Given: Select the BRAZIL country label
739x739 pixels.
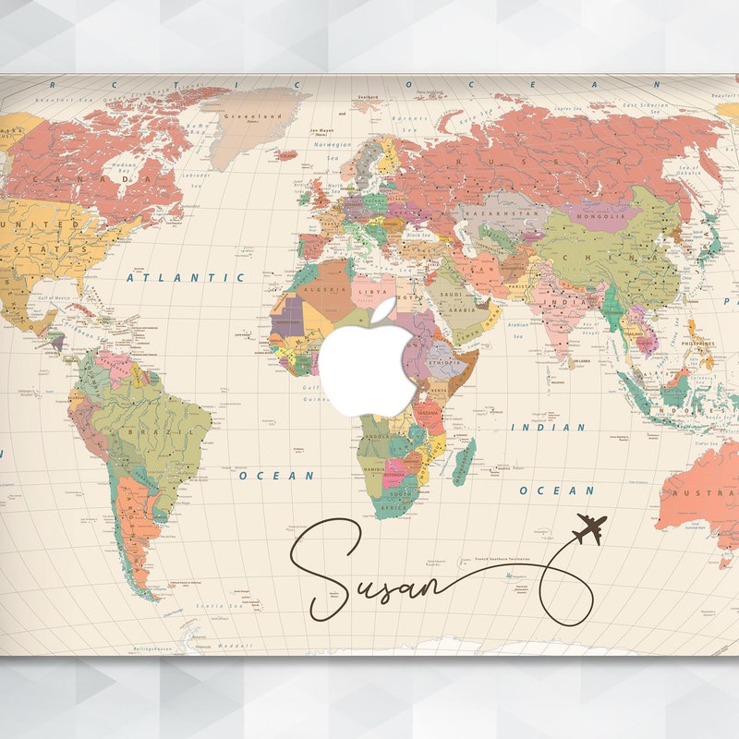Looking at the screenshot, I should pos(147,431).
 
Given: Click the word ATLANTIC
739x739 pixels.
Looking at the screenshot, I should pos(186,276).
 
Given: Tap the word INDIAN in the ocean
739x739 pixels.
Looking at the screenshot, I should pos(548,428).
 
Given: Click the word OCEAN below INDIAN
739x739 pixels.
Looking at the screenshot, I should pos(555,490).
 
